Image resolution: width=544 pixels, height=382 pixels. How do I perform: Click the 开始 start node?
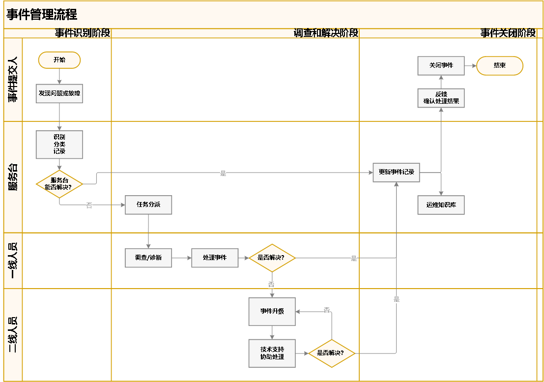pyautogui.click(x=59, y=60)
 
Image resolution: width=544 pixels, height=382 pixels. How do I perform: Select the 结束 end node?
pyautogui.click(x=500, y=65)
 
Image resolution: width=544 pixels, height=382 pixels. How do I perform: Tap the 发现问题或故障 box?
pyautogui.click(x=59, y=93)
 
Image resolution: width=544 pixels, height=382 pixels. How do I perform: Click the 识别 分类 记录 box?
pyautogui.click(x=59, y=145)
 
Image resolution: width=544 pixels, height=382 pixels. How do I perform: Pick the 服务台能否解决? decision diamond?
pyautogui.click(x=59, y=184)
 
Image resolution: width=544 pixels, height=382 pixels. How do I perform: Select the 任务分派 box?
pyautogui.click(x=148, y=205)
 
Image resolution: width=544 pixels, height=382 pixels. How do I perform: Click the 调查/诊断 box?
pyautogui.click(x=148, y=258)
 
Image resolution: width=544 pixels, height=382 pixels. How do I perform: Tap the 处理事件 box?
pyautogui.click(x=215, y=258)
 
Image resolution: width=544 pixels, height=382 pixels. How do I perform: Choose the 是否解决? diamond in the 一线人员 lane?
pyautogui.click(x=272, y=258)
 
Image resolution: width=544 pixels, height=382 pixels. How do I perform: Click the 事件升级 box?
pyautogui.click(x=272, y=312)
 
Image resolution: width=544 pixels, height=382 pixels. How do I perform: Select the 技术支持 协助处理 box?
pyautogui.click(x=272, y=353)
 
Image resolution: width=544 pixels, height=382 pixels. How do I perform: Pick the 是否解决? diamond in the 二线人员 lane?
pyautogui.click(x=332, y=353)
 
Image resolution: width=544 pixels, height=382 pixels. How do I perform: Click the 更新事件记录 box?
pyautogui.click(x=396, y=173)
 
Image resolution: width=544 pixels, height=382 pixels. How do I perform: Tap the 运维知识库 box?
pyautogui.click(x=441, y=205)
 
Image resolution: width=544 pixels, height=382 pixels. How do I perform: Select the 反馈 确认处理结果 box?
pyautogui.click(x=441, y=98)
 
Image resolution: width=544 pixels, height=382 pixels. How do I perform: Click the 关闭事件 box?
pyautogui.click(x=441, y=65)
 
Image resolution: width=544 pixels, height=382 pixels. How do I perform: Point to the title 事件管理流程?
pyautogui.click(x=42, y=15)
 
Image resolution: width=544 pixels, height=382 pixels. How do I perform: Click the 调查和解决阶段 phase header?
pyautogui.click(x=326, y=33)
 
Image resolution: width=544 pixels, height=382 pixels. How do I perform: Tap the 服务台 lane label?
pyautogui.click(x=13, y=177)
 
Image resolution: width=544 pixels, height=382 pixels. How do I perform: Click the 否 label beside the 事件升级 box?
pyautogui.click(x=327, y=310)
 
